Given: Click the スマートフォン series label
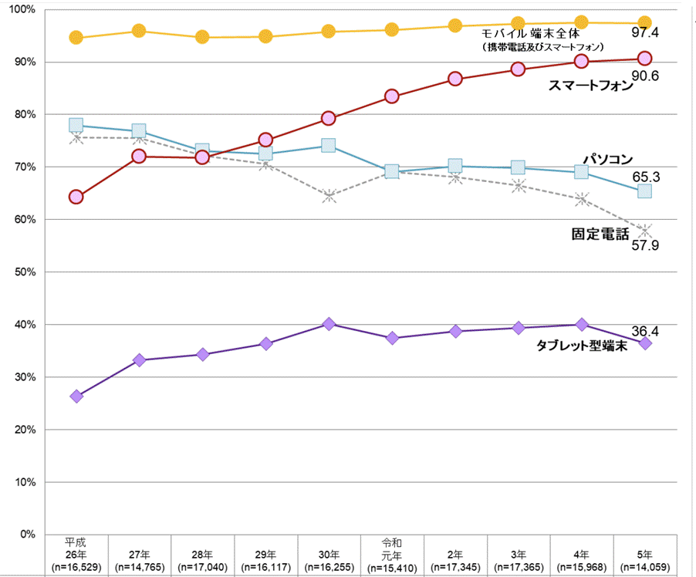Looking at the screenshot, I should click(x=591, y=86).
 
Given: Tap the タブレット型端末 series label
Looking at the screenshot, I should click(x=581, y=346).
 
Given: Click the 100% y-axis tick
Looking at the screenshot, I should click(x=24, y=9).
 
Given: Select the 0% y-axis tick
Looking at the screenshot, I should click(x=29, y=535).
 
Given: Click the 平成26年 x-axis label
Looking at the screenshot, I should click(x=76, y=554).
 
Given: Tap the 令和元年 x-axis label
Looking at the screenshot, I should click(x=392, y=554).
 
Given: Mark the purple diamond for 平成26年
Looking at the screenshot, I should click(x=76, y=396).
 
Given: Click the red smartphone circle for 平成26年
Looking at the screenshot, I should click(x=76, y=197).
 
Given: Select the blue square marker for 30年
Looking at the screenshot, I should click(x=329, y=146).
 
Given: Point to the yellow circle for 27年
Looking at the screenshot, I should click(x=139, y=31).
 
